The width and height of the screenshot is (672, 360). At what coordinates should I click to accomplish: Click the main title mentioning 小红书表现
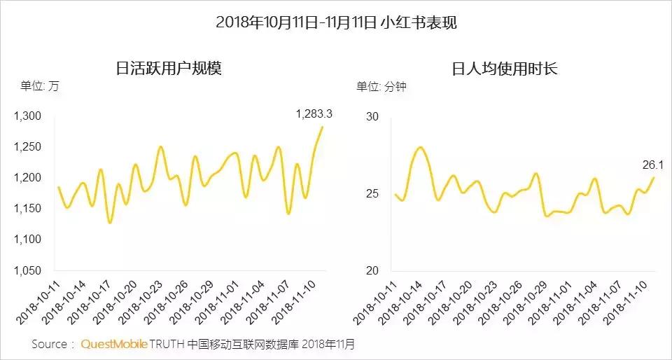pyautogui.click(x=336, y=22)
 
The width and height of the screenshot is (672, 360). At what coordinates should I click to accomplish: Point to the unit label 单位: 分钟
pyautogui.click(x=381, y=87)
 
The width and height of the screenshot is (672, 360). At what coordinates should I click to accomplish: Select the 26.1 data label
pyautogui.click(x=652, y=166)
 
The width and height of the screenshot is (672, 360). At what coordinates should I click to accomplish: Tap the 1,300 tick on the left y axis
pyautogui.click(x=28, y=116)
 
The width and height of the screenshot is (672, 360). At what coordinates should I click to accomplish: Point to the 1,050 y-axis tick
pyautogui.click(x=28, y=270)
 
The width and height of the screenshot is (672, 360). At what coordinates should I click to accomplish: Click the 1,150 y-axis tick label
pyautogui.click(x=28, y=209)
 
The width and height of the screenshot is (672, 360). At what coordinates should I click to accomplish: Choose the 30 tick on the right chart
pyautogui.click(x=372, y=116)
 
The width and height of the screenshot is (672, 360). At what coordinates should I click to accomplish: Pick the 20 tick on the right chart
pyautogui.click(x=372, y=270)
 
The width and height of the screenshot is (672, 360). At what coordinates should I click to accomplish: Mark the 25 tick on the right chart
pyautogui.click(x=372, y=193)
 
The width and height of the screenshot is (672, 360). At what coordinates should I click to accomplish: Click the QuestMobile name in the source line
pyautogui.click(x=114, y=345)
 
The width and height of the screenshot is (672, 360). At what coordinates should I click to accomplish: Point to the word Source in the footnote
pyautogui.click(x=50, y=345)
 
